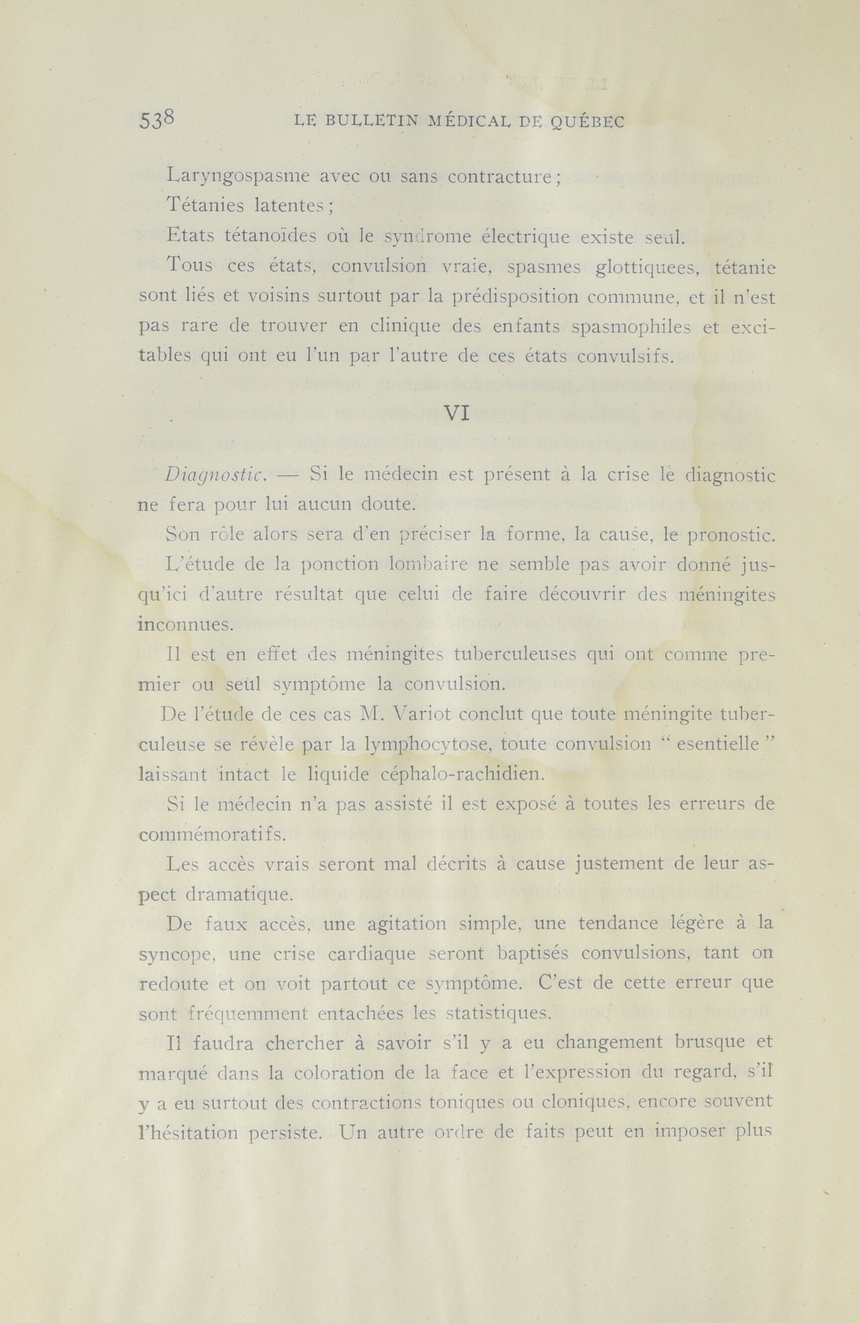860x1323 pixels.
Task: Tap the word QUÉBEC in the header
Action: pos(587,122)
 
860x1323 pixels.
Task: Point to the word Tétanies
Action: pos(205,206)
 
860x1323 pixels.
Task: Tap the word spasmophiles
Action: pos(631,328)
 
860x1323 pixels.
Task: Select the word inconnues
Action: pos(186,624)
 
